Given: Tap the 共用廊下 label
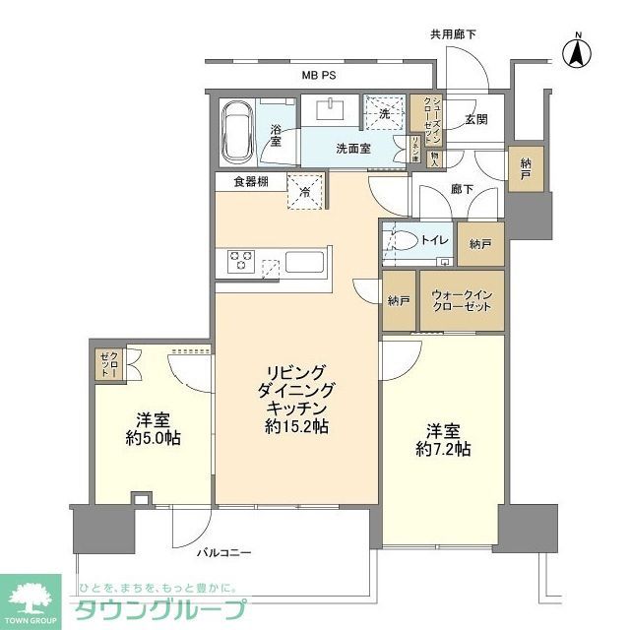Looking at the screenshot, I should [x=452, y=34].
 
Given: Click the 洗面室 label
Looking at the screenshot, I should [x=352, y=149].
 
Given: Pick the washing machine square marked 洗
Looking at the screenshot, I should [x=381, y=111].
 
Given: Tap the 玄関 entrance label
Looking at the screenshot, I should [x=476, y=119].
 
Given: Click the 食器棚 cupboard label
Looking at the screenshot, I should [x=251, y=182].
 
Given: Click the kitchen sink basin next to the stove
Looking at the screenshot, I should [x=303, y=263].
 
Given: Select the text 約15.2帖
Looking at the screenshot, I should [x=294, y=427].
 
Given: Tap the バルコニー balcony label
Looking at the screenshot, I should [x=221, y=552].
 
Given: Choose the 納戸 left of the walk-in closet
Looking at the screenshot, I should [x=398, y=300].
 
